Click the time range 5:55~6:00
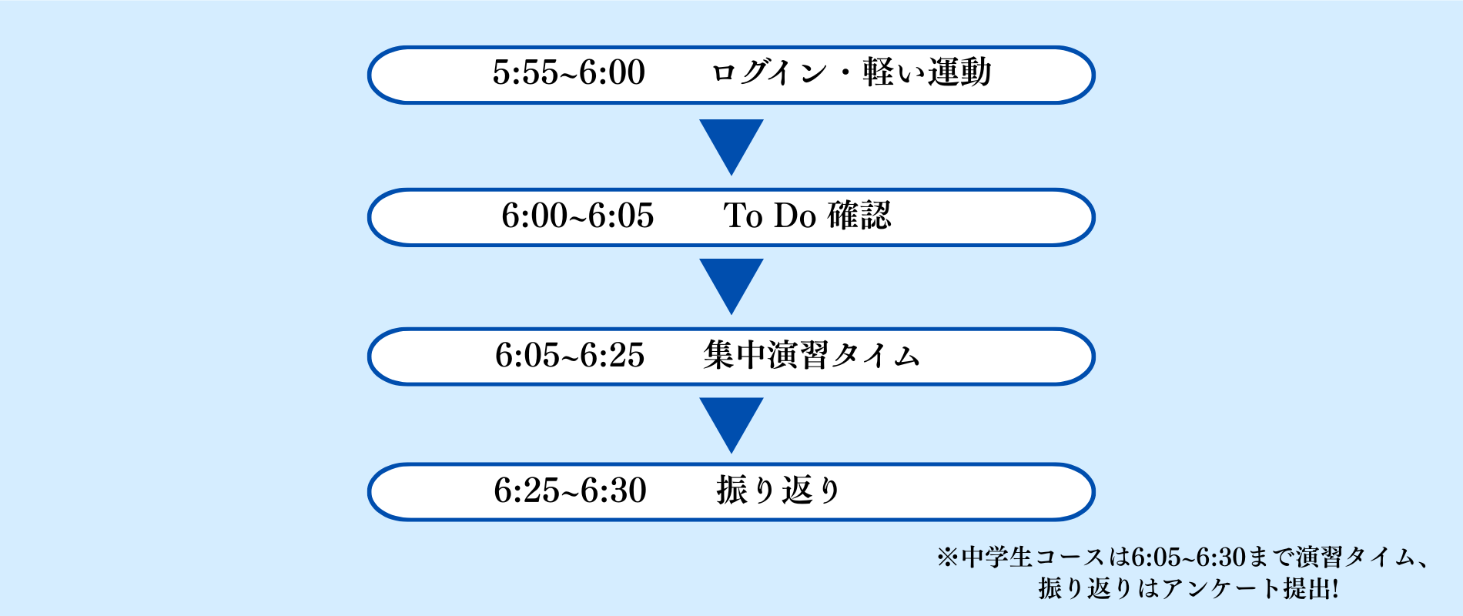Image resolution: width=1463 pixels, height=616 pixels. (x=569, y=73)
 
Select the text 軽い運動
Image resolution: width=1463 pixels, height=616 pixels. (x=927, y=73)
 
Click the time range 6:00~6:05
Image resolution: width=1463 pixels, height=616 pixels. (x=577, y=216)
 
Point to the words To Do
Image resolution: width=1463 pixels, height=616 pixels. (x=769, y=216)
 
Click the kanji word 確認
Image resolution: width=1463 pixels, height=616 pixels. (x=859, y=216)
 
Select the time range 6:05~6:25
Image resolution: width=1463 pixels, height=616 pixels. (x=570, y=356)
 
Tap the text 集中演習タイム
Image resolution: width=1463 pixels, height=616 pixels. (x=812, y=356)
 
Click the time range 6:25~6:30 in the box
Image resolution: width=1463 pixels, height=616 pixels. (x=570, y=490)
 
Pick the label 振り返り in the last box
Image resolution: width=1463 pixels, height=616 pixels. (x=778, y=490)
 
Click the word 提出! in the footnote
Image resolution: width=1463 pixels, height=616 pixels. (x=1311, y=589)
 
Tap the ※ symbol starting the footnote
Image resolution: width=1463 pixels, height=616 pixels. (x=948, y=557)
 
